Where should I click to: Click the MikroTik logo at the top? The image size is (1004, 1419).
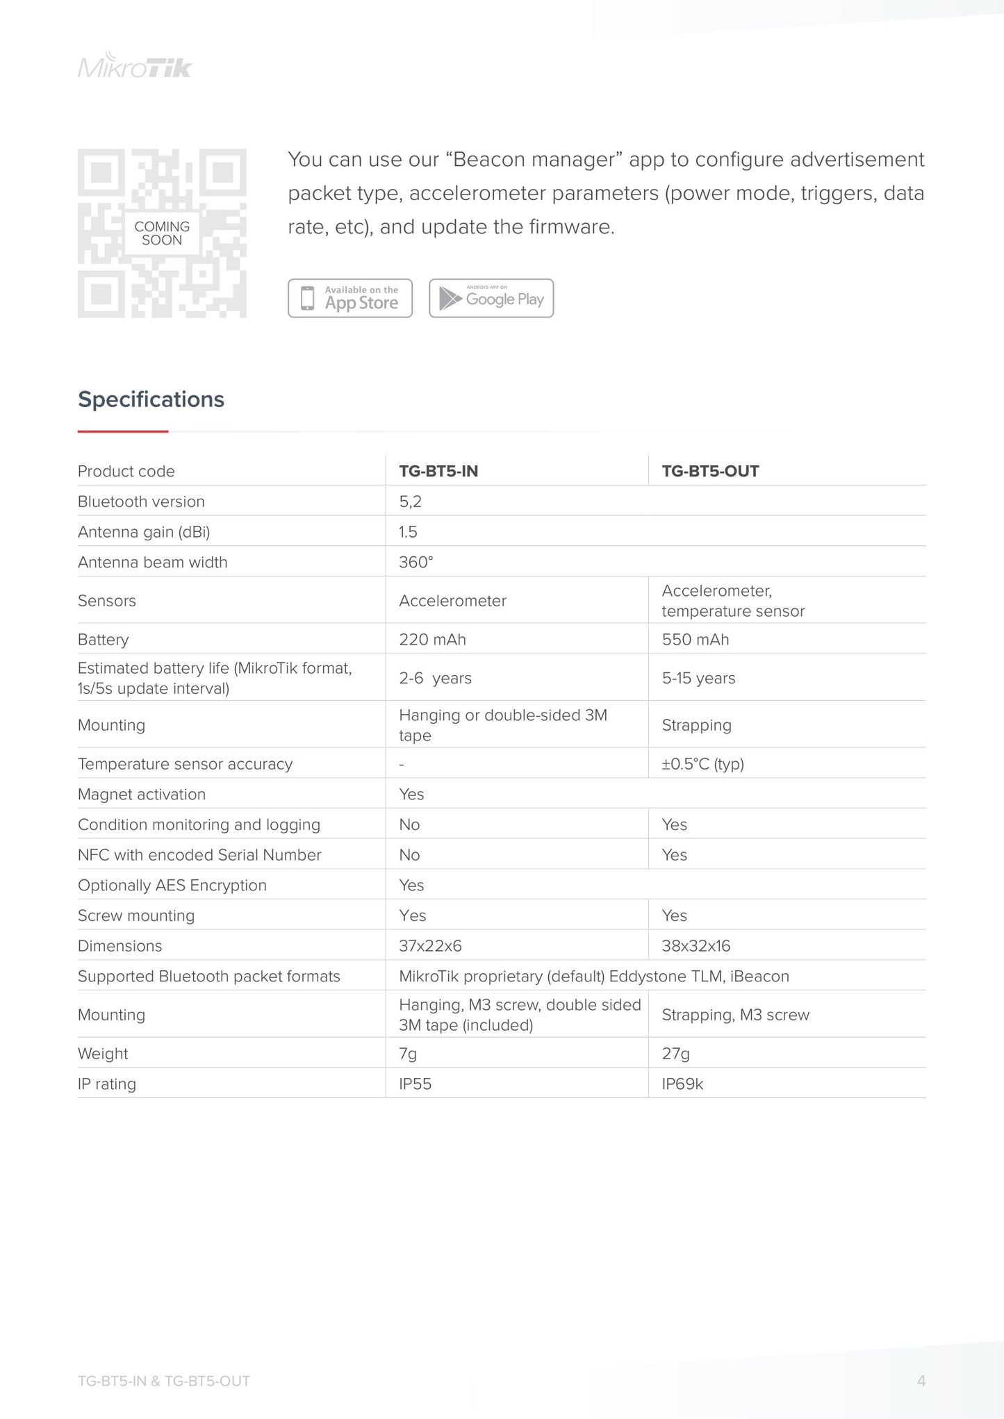[x=135, y=66]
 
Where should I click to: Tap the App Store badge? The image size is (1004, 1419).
[x=350, y=299]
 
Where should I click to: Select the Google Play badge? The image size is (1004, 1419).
[x=491, y=299]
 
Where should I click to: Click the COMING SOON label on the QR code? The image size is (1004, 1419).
[x=162, y=233]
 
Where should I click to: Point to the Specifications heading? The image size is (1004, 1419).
[x=151, y=399]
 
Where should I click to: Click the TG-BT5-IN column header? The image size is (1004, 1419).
[x=438, y=471]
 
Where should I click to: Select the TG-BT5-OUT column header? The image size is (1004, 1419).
[x=710, y=471]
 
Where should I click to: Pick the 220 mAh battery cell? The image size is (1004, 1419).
[x=432, y=639]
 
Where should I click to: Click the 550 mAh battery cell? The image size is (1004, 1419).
[x=696, y=639]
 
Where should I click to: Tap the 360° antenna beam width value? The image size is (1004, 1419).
[x=415, y=562]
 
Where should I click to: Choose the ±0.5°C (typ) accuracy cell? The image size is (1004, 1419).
[x=702, y=764]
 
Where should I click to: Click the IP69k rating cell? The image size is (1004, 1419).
[x=682, y=1084]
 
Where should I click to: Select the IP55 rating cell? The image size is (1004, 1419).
[x=415, y=1084]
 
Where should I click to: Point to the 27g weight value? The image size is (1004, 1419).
[x=675, y=1054]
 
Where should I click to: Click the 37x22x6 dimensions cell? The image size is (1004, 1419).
[x=430, y=946]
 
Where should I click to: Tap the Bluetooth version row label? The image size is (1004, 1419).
[x=141, y=501]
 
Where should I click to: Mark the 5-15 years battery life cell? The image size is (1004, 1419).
[x=698, y=678]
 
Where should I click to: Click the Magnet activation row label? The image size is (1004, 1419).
[x=142, y=794]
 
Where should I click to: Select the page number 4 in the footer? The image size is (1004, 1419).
[x=921, y=1381]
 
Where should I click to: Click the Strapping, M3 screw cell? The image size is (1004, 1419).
[x=735, y=1015]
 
